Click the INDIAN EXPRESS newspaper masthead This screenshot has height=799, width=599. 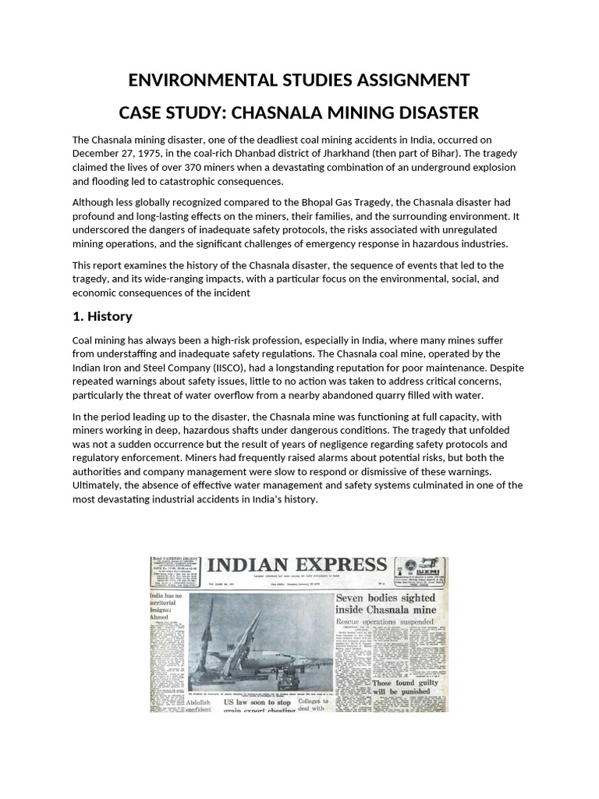pyautogui.click(x=296, y=565)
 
